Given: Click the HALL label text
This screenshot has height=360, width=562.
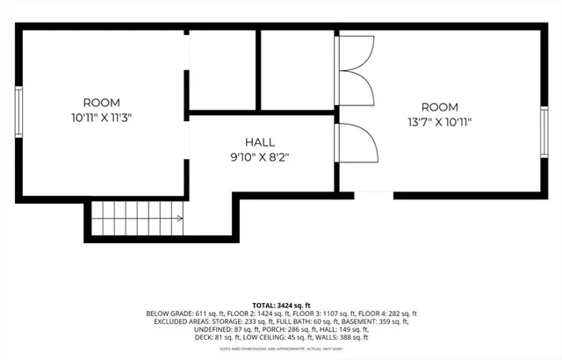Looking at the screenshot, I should [x=259, y=142].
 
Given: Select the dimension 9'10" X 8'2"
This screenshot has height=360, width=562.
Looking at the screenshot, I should [x=259, y=157].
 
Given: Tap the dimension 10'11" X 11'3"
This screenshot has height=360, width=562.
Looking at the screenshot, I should [x=101, y=117].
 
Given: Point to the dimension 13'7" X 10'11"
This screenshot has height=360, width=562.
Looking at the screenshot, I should [x=440, y=122].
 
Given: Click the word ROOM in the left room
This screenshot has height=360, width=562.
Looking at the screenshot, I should [x=101, y=103].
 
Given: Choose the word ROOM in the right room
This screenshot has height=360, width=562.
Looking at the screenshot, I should [x=440, y=107].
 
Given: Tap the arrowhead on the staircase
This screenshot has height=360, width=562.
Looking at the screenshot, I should [x=179, y=217].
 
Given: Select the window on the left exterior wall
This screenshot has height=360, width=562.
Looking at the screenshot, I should [x=18, y=110].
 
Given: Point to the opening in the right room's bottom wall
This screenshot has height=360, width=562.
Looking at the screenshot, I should [x=372, y=191].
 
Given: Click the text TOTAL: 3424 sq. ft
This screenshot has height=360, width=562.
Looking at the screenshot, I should [x=280, y=304].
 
